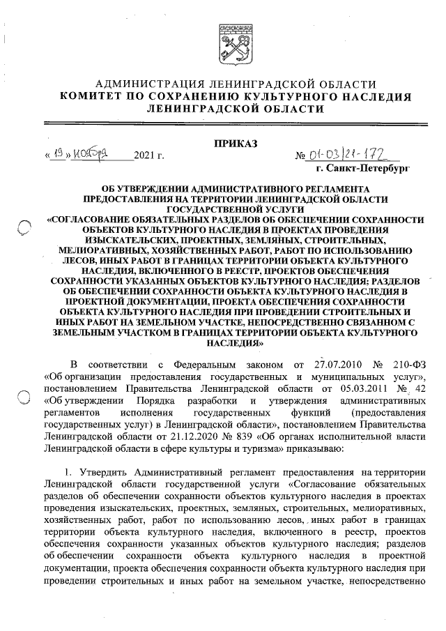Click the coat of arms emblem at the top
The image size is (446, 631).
tap(235, 43)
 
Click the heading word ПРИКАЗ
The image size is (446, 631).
tap(235, 144)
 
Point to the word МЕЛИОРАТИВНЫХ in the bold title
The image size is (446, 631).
tap(104, 249)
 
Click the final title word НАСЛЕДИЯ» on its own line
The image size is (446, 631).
tap(235, 344)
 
